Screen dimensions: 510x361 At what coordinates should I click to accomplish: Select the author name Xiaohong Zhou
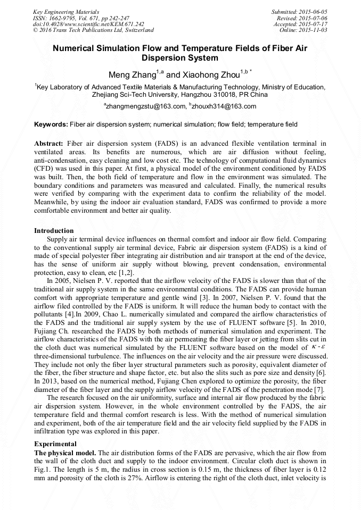click(210, 74)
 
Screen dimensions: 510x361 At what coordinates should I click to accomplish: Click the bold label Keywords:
click(51, 124)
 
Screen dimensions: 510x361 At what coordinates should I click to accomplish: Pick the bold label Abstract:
click(48, 144)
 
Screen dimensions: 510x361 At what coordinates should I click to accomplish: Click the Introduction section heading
click(54, 230)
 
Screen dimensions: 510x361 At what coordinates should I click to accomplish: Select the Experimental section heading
click(55, 443)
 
